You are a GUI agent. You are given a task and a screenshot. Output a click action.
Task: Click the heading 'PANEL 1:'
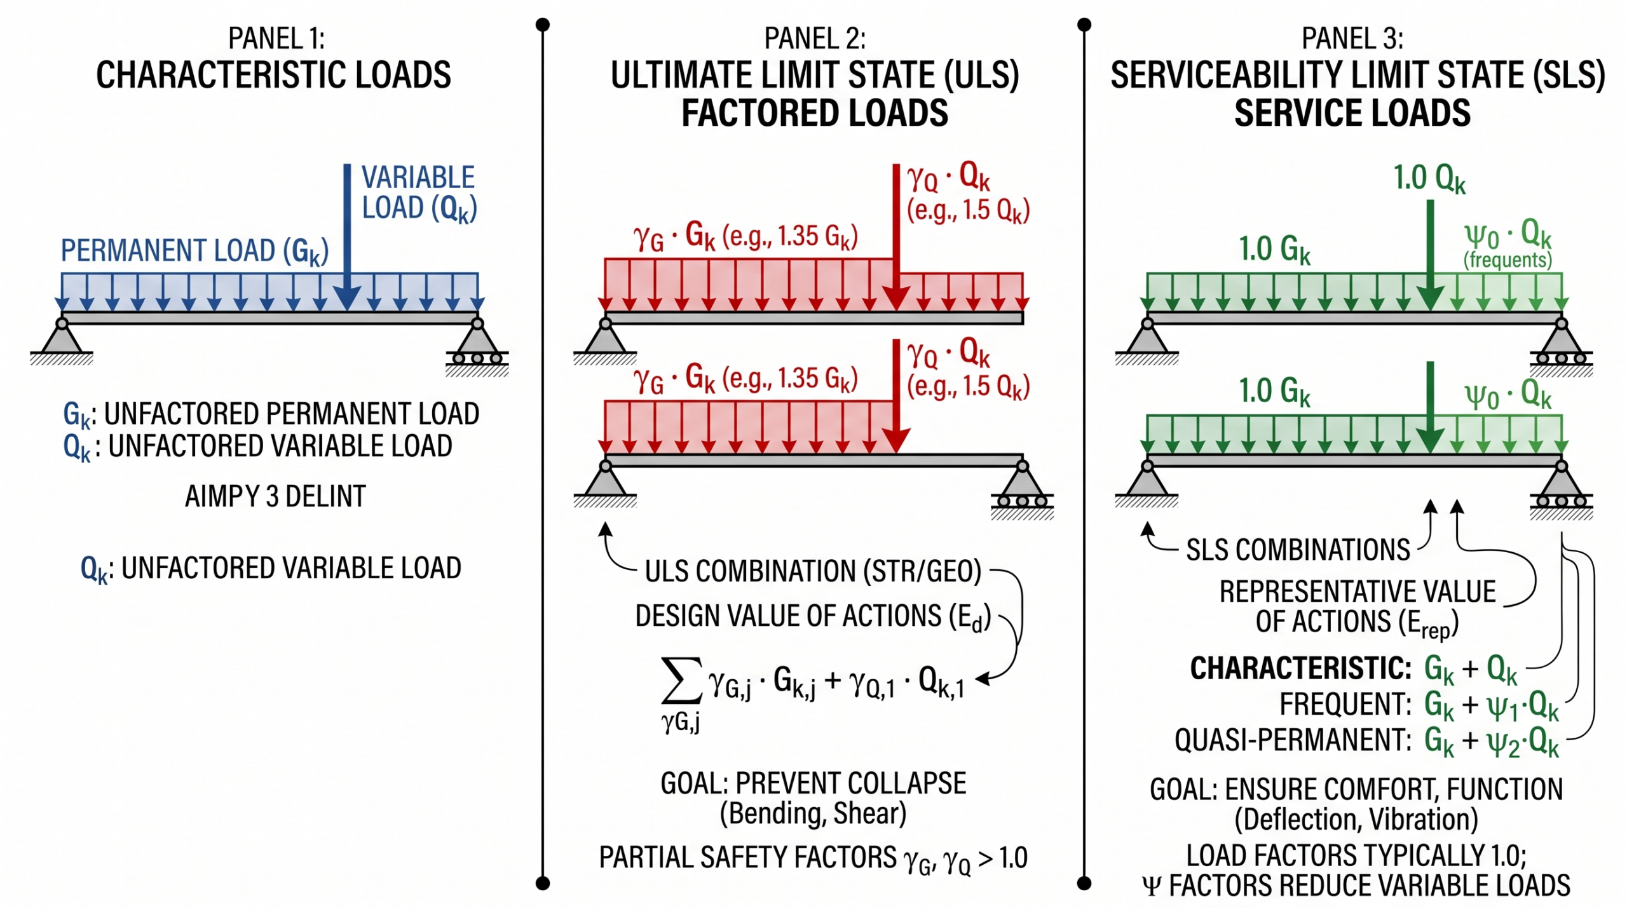(276, 39)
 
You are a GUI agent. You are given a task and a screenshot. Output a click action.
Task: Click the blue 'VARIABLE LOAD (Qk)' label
(419, 193)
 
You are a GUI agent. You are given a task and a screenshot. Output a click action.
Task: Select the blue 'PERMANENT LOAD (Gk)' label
(194, 252)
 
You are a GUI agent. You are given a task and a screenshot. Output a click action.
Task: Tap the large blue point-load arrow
(347, 236)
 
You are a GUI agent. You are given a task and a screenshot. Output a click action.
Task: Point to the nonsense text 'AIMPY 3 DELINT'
(275, 496)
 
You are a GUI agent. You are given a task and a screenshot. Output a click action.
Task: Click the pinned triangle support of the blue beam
(62, 341)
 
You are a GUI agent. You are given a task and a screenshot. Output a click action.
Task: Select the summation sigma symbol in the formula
(681, 681)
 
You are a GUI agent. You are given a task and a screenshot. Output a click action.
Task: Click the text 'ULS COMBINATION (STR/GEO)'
(813, 571)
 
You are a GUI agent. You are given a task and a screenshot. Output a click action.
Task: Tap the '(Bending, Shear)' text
(813, 814)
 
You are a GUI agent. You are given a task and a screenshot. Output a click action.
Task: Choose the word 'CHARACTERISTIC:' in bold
(1300, 668)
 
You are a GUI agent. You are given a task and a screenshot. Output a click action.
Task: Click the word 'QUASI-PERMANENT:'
(1293, 740)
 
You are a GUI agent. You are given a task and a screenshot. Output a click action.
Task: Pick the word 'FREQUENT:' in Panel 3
(1345, 704)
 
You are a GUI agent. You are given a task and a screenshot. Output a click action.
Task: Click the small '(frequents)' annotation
(1508, 260)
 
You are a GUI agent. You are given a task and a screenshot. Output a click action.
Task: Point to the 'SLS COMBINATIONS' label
(1298, 550)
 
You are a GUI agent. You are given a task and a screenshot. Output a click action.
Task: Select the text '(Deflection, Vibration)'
(1356, 820)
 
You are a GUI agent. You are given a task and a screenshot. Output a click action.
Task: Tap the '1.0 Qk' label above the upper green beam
(1429, 179)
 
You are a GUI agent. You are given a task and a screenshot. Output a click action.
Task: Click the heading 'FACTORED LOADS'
(815, 113)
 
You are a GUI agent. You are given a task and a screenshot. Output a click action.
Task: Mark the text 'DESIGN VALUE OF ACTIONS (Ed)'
(813, 617)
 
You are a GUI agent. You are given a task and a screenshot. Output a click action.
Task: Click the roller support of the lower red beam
(1022, 489)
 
